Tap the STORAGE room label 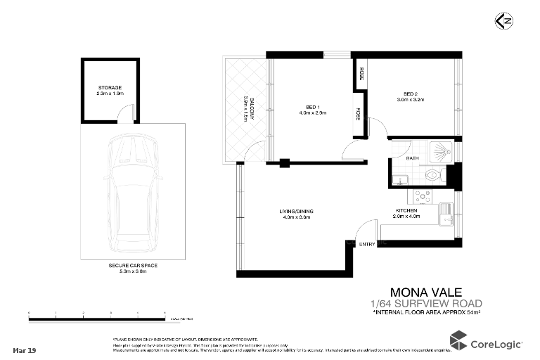point(110,87)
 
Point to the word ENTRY point(367,244)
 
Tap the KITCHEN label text point(406,211)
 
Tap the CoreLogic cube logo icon point(458,342)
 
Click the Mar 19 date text point(25,349)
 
